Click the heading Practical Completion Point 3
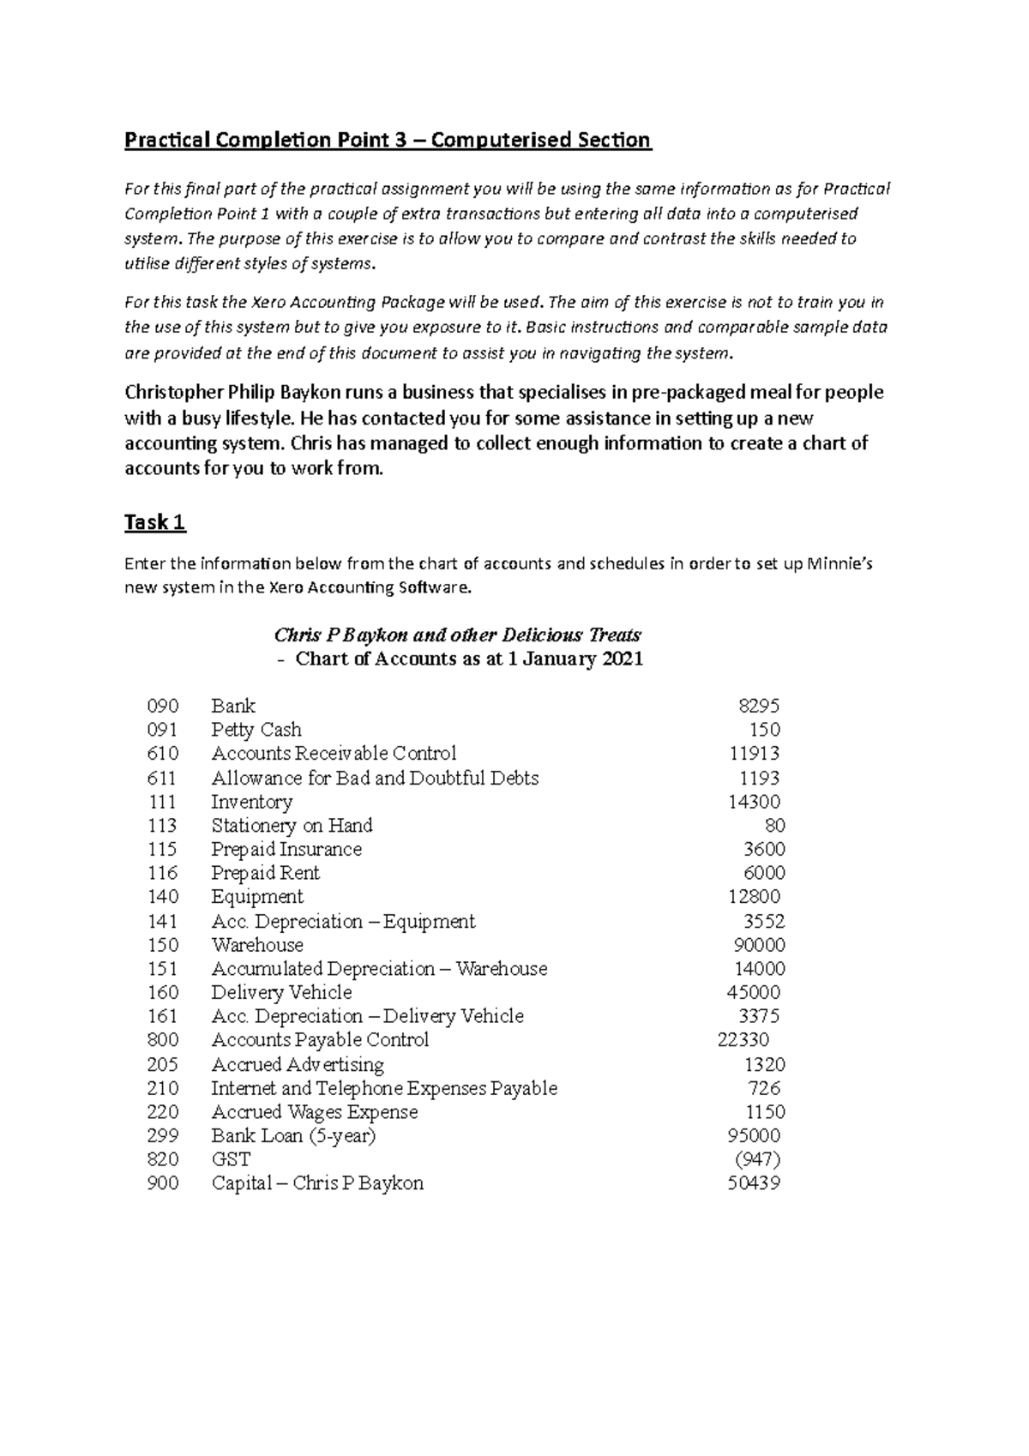(388, 140)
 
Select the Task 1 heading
(155, 522)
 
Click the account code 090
(163, 706)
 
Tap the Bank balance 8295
(759, 706)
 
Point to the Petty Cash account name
(256, 730)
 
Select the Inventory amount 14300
(755, 802)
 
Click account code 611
(162, 778)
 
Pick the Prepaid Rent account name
(265, 873)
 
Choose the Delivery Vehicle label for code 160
(281, 992)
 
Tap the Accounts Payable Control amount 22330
(743, 1039)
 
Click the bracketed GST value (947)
(758, 1159)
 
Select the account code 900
(163, 1183)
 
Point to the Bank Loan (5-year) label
(293, 1135)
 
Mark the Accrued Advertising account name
(298, 1064)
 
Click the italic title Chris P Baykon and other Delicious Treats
(457, 635)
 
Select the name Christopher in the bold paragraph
(173, 393)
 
